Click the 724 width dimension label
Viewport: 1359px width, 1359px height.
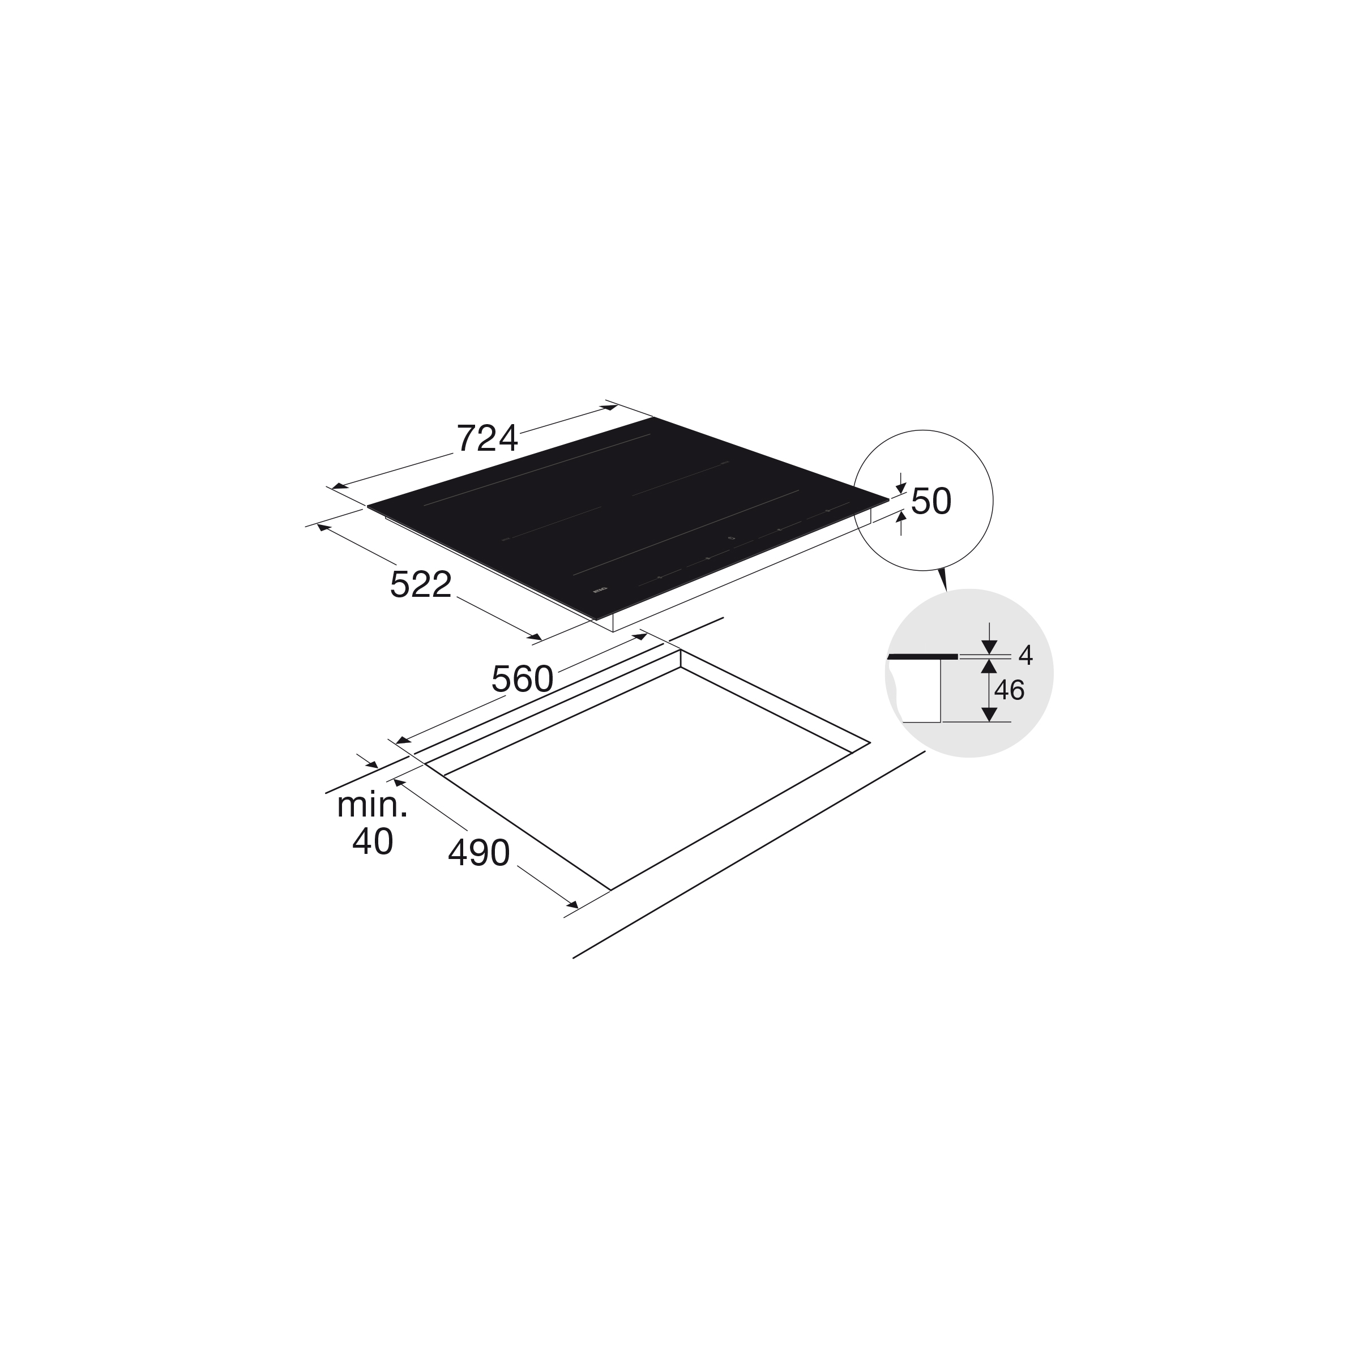tap(487, 439)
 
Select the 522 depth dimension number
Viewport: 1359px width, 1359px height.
tap(421, 584)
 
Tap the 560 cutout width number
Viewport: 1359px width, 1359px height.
tap(522, 679)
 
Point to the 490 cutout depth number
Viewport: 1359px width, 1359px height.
tap(478, 854)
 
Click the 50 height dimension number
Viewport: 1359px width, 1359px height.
tap(930, 502)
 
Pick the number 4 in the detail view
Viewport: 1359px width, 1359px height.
tap(1025, 656)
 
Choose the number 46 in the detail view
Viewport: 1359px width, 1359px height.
tap(1008, 691)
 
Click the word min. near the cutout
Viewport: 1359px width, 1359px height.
tap(372, 805)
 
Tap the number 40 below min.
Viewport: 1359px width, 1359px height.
tap(372, 841)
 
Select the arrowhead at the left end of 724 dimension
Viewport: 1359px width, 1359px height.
tap(340, 485)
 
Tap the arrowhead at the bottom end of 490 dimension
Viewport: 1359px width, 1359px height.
tap(572, 905)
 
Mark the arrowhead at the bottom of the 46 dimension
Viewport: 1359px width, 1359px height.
tap(989, 715)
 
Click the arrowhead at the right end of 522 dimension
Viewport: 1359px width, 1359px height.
tap(535, 636)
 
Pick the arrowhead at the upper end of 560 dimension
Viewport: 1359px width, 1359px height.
tap(639, 636)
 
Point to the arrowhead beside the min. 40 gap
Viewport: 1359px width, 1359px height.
tap(371, 764)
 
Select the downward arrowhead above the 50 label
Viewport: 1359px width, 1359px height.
tap(900, 488)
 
